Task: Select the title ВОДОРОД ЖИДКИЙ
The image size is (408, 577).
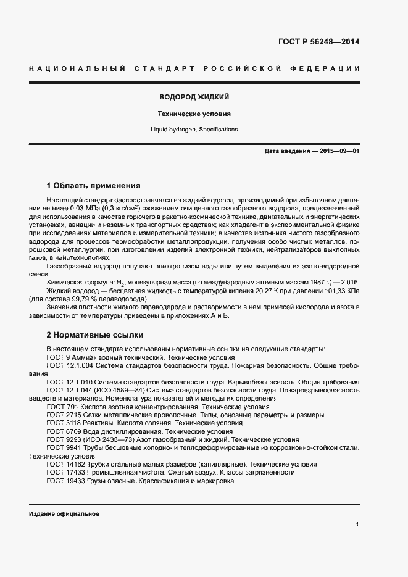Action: [194, 98]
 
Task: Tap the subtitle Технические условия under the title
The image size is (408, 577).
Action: [194, 114]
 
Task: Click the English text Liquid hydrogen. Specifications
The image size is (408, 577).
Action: [194, 130]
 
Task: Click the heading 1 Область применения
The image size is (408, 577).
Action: [94, 185]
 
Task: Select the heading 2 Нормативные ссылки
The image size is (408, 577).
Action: [95, 335]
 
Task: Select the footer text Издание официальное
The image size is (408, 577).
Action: [64, 513]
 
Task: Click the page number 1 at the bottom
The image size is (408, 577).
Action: [357, 525]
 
